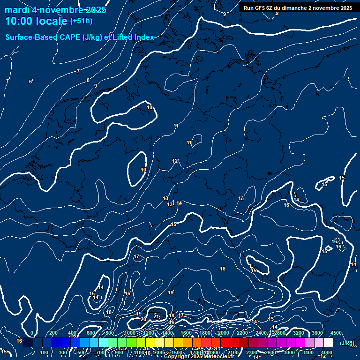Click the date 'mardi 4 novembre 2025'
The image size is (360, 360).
(55, 10)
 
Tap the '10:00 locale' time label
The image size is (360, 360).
(36, 21)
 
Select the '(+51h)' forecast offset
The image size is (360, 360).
(81, 21)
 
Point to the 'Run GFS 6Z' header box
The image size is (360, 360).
(298, 8)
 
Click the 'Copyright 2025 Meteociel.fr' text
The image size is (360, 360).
(199, 357)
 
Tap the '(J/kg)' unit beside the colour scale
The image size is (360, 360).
(347, 344)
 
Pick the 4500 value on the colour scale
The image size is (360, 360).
(336, 333)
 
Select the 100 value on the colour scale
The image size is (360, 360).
(44, 352)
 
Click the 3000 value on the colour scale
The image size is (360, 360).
(289, 352)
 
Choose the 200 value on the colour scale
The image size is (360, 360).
(53, 333)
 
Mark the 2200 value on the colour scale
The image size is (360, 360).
(242, 333)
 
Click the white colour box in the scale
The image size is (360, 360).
(328, 343)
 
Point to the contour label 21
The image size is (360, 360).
(156, 316)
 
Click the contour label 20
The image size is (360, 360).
(143, 319)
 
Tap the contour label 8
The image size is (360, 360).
(88, 80)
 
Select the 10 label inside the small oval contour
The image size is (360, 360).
(143, 170)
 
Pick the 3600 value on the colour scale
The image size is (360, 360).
(317, 333)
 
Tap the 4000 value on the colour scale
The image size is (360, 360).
(327, 352)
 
